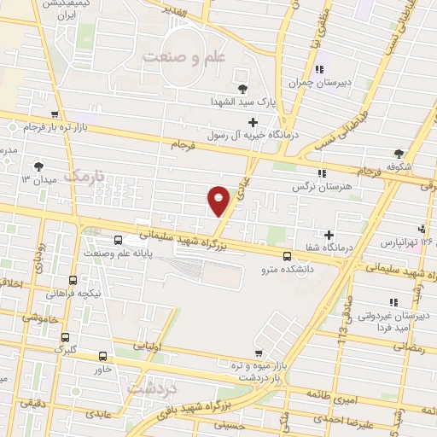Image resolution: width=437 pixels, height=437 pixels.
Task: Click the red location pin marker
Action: pos(218,198)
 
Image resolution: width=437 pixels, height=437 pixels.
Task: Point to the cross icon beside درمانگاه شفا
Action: pos(329,235)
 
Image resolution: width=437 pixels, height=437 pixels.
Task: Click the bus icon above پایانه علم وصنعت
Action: pos(117,241)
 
